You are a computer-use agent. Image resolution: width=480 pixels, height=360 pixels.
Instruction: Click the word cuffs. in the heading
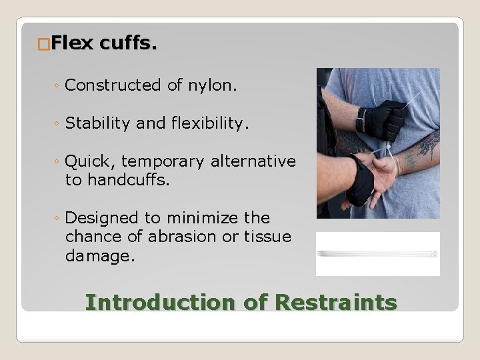(129, 45)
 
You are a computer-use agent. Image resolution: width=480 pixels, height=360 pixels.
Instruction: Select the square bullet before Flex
(44, 45)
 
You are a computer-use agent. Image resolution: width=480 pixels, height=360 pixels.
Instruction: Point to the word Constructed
(113, 85)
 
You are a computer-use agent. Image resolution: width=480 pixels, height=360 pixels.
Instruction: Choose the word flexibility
(205, 123)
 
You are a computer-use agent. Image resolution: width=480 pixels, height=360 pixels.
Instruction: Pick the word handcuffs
(118, 179)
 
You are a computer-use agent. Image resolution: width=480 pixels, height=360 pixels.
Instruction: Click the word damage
(100, 256)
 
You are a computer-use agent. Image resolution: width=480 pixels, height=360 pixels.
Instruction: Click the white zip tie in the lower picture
(377, 253)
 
